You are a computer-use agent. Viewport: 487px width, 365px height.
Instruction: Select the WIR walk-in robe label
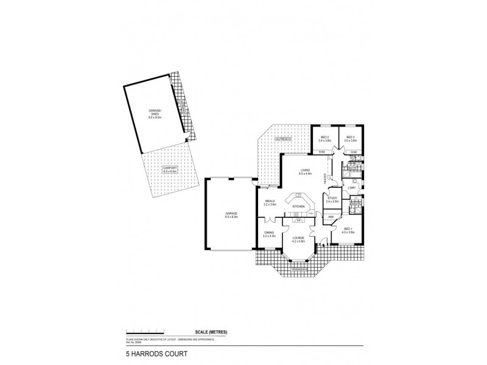(331, 217)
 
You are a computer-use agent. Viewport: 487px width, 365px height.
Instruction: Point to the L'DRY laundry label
(351, 188)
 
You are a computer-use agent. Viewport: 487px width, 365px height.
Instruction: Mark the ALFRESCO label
(284, 139)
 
